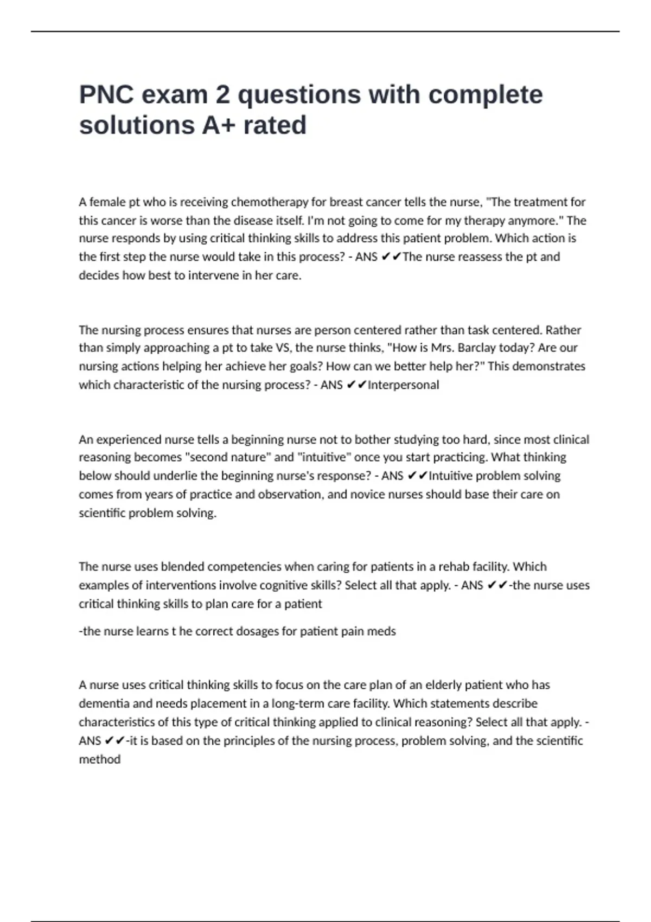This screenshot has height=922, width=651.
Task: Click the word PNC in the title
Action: tap(107, 95)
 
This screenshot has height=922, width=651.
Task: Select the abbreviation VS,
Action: tap(284, 348)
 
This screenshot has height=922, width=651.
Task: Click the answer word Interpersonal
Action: tap(403, 385)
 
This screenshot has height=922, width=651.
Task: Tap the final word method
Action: tap(99, 759)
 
